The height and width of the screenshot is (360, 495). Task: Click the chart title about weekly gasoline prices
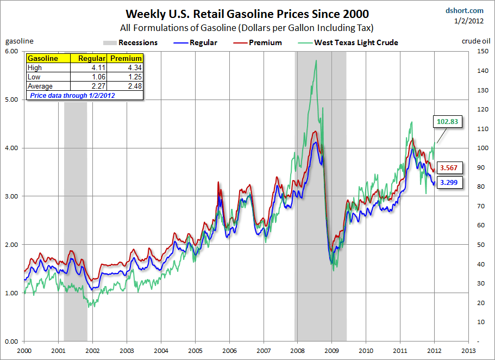(247, 14)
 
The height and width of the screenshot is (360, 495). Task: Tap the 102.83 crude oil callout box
(448, 121)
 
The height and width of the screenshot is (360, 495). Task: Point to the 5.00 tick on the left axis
(12, 100)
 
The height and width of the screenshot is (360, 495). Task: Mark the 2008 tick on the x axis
(298, 351)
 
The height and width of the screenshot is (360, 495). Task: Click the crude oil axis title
(477, 41)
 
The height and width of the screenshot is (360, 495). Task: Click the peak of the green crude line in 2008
(316, 61)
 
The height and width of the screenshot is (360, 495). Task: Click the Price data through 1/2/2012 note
(72, 95)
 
